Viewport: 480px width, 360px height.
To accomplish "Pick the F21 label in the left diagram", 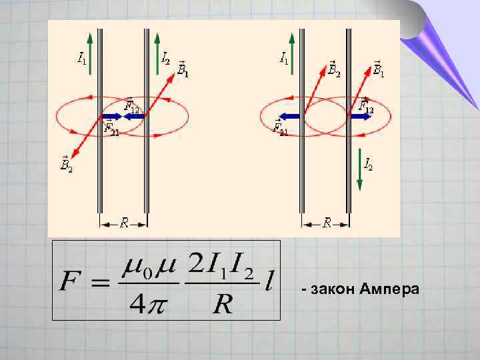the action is pos(111,126).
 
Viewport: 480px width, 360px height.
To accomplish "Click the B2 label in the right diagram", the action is pos(334,69).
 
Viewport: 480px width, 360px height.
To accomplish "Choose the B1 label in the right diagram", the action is pos(378,69).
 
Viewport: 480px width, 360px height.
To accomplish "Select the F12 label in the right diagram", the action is pos(366,105).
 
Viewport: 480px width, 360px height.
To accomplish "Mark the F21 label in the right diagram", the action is pos(281,126).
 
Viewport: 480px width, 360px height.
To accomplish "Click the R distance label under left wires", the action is pos(124,223).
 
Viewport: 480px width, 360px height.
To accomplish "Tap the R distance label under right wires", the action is pos(327,223).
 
